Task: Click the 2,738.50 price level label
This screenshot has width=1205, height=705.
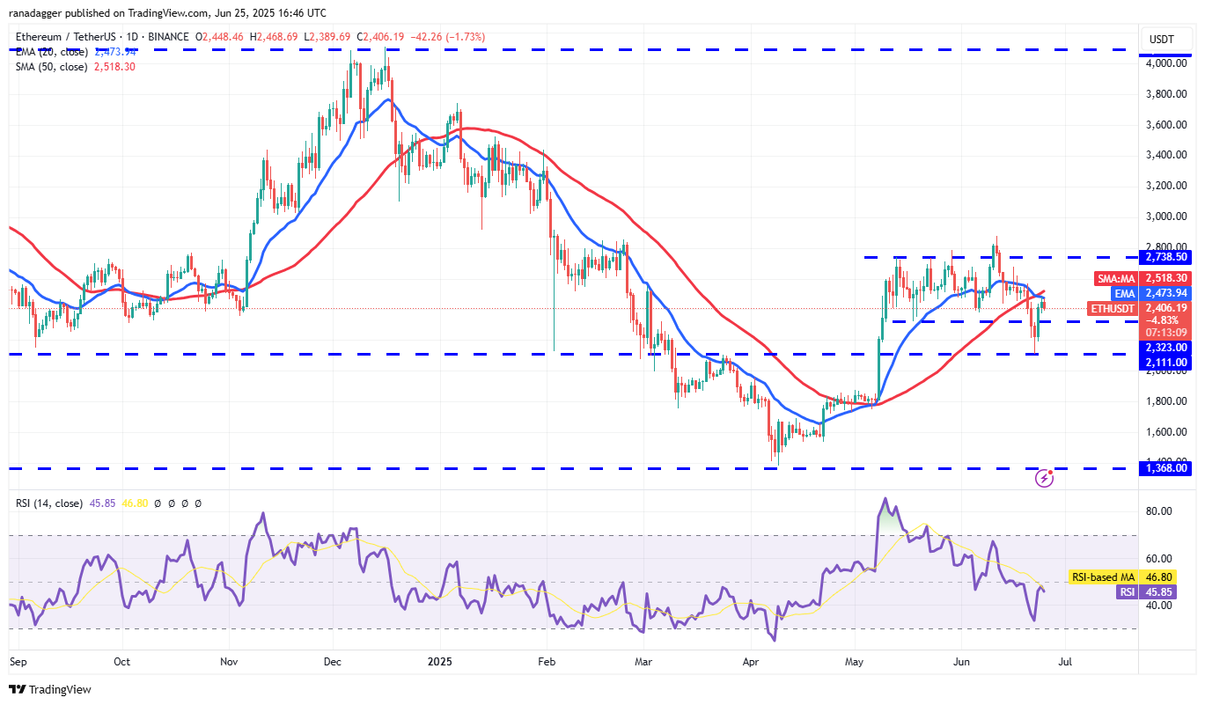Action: pyautogui.click(x=1165, y=257)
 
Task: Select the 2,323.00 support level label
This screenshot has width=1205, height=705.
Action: pyautogui.click(x=1165, y=347)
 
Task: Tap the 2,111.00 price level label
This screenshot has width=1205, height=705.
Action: pyautogui.click(x=1165, y=362)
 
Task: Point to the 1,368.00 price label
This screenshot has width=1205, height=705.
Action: pyautogui.click(x=1165, y=468)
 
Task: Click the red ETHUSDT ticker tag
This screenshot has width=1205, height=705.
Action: pyautogui.click(x=1113, y=308)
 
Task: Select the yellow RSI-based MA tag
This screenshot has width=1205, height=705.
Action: pyautogui.click(x=1102, y=577)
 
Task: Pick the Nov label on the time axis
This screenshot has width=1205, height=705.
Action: pyautogui.click(x=229, y=660)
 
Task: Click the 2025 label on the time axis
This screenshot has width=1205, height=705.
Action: pyautogui.click(x=437, y=660)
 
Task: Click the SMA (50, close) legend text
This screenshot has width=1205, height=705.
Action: pyautogui.click(x=51, y=66)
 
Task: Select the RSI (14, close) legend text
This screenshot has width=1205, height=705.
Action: pyautogui.click(x=49, y=503)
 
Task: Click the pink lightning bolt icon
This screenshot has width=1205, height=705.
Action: pyautogui.click(x=1045, y=478)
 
